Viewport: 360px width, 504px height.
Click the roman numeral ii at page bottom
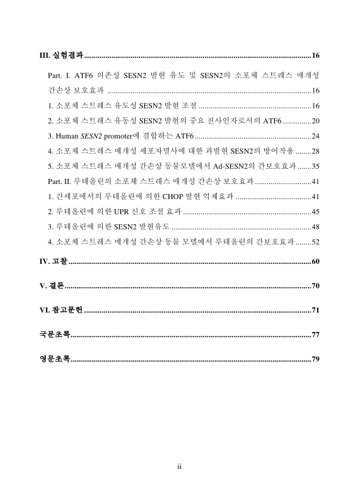180,466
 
